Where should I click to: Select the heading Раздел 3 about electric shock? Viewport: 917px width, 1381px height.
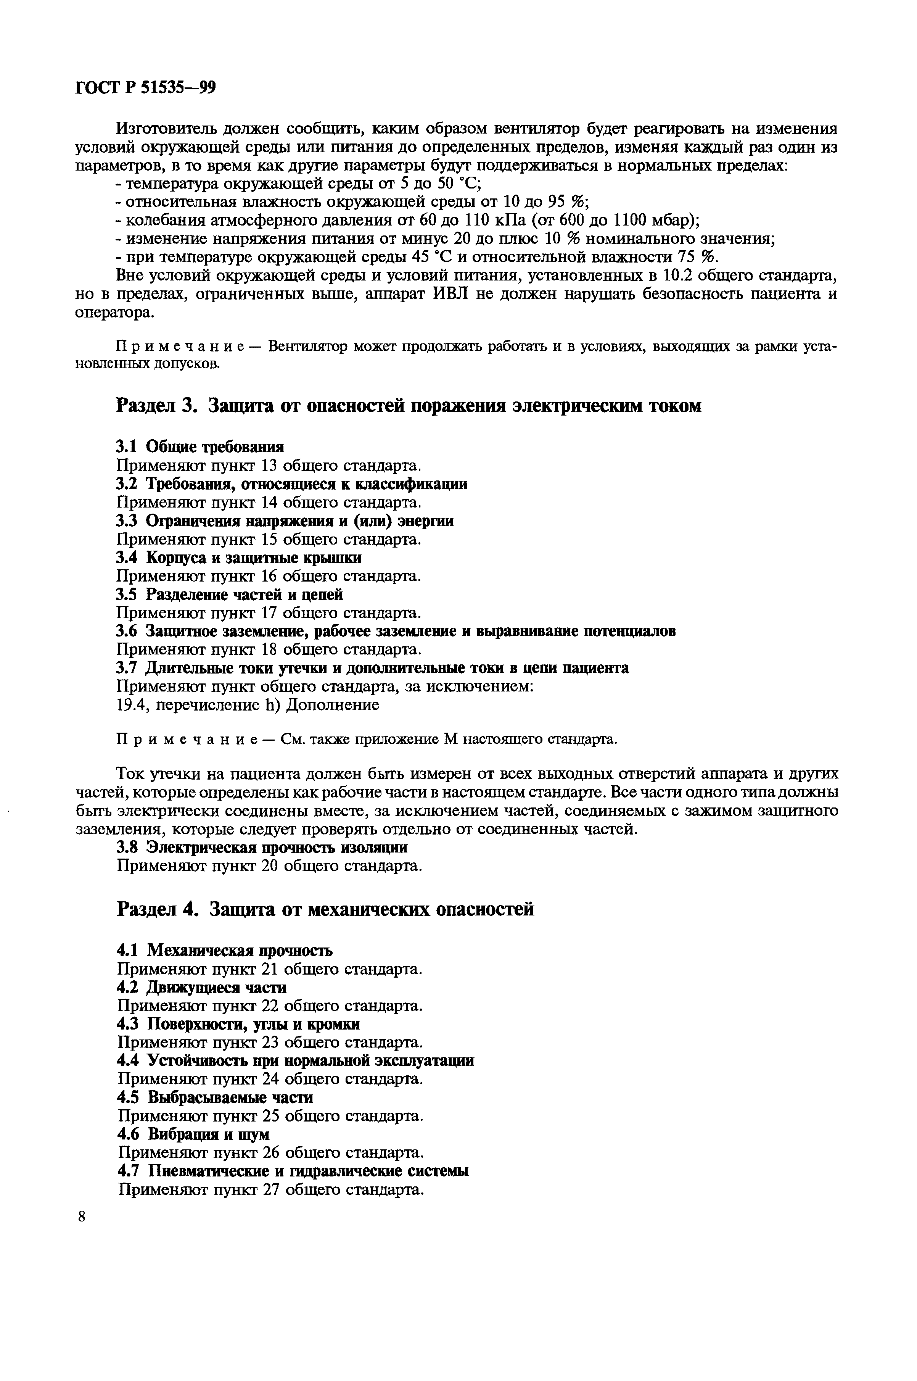pyautogui.click(x=409, y=405)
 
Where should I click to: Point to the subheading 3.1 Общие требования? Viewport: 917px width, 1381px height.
pyautogui.click(x=200, y=447)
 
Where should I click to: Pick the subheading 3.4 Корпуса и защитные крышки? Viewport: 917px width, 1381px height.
pyautogui.click(x=239, y=558)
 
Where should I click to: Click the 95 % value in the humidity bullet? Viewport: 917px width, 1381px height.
pyautogui.click(x=566, y=202)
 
